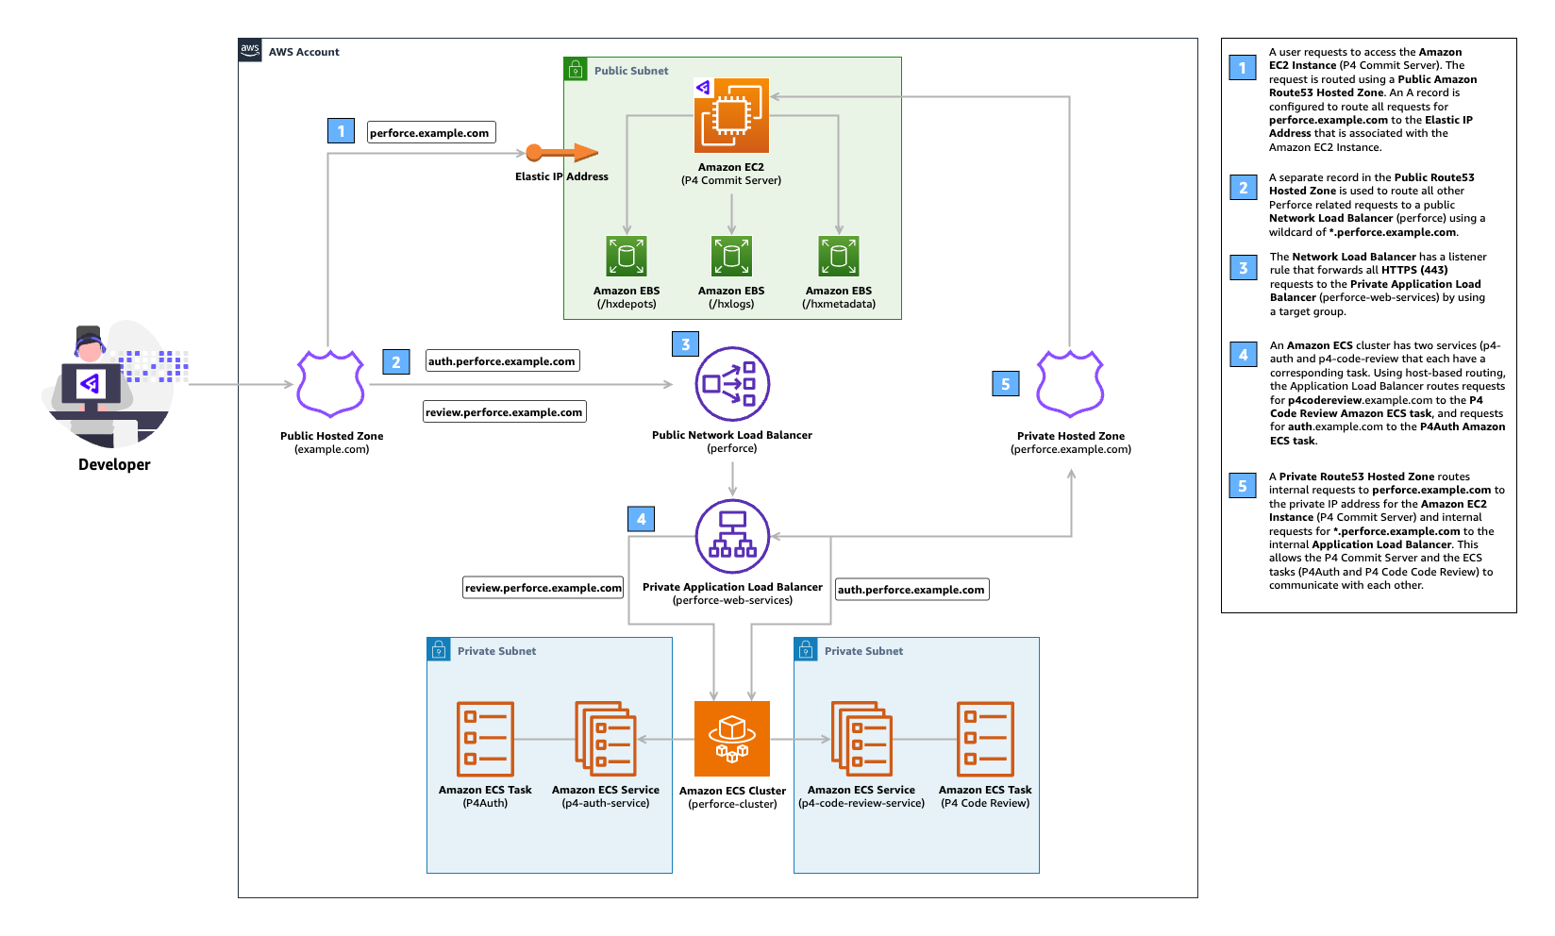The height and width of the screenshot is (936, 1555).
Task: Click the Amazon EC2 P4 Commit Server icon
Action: click(x=731, y=115)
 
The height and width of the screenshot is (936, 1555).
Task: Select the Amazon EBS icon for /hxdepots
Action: click(x=627, y=256)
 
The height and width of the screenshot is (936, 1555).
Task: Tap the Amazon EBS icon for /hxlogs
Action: click(x=731, y=256)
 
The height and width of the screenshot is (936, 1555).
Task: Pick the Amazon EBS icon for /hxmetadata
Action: click(x=839, y=256)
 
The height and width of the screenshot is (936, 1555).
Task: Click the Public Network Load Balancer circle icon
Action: click(x=732, y=384)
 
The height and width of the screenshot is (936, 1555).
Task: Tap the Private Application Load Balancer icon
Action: click(x=732, y=536)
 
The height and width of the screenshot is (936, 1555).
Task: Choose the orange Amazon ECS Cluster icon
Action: click(x=732, y=739)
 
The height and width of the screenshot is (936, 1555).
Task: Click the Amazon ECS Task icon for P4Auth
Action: click(x=485, y=739)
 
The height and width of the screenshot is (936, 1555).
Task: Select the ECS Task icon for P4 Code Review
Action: click(x=985, y=739)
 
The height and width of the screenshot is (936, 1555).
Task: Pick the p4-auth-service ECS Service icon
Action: click(x=606, y=739)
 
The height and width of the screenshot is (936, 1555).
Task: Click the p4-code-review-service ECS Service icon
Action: click(x=861, y=739)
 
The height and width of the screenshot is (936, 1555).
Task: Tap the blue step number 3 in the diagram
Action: click(x=686, y=344)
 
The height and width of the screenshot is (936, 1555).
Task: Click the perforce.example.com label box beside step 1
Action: click(x=430, y=133)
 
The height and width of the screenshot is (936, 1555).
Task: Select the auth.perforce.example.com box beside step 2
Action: click(x=502, y=361)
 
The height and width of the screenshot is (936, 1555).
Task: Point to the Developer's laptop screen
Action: click(x=91, y=383)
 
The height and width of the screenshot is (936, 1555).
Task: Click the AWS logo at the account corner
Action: click(x=250, y=50)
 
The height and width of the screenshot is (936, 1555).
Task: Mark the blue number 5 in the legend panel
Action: click(x=1243, y=486)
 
